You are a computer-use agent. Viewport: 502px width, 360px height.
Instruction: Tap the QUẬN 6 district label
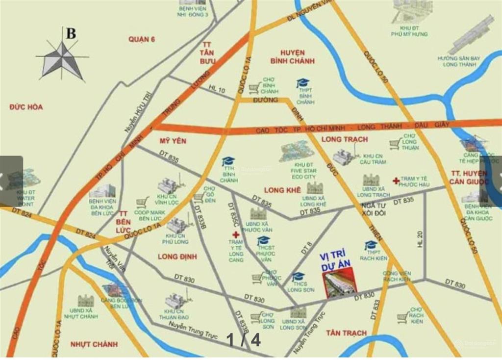[141, 39]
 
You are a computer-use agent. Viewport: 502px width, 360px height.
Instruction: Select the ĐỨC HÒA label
[26, 107]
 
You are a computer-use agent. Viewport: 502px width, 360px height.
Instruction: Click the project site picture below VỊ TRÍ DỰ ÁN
[340, 285]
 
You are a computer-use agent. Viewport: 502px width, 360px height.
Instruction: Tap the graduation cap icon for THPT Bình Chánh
[302, 83]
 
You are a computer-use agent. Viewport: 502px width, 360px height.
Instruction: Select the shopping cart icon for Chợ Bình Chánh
[254, 88]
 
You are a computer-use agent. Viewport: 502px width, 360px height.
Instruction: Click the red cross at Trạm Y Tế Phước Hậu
[396, 181]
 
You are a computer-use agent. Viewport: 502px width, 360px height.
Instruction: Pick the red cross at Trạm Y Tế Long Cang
[236, 235]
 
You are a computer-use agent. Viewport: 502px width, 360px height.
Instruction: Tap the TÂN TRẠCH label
[346, 333]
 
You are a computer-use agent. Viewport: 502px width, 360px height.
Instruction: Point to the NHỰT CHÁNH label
[94, 344]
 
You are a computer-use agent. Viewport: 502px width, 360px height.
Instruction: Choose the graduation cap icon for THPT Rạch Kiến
[371, 245]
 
